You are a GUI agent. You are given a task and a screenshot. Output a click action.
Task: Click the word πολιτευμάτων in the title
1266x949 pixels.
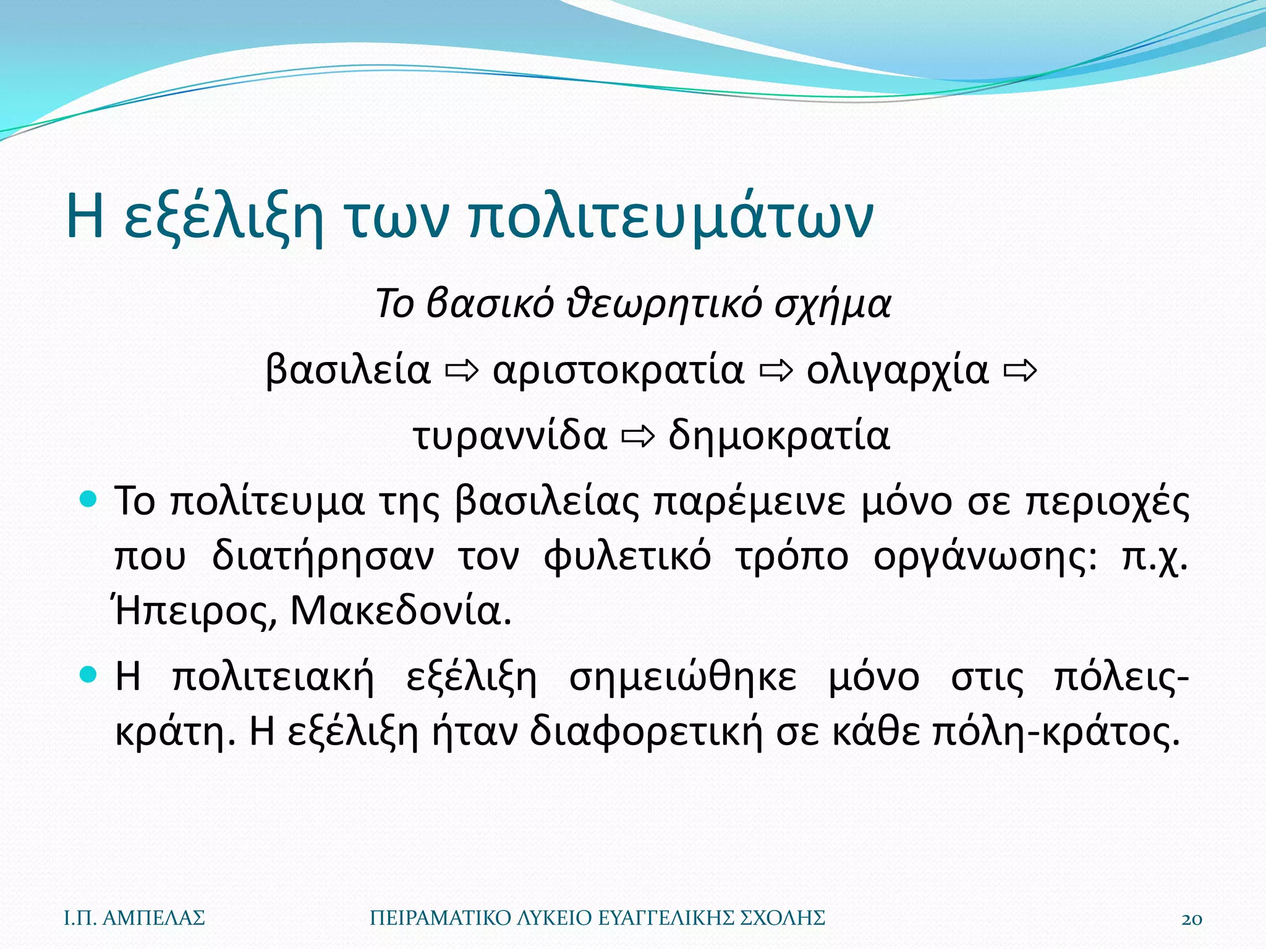[x=670, y=216]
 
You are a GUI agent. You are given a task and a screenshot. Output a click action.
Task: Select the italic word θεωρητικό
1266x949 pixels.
[x=665, y=304]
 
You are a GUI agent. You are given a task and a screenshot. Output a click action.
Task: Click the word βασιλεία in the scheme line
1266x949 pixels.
[x=348, y=370]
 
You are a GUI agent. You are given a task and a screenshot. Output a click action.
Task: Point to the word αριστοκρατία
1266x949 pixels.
[x=618, y=370]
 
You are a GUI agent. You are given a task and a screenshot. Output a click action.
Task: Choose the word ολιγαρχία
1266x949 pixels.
[x=898, y=370]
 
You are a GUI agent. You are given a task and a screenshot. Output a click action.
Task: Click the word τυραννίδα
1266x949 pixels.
[x=511, y=436]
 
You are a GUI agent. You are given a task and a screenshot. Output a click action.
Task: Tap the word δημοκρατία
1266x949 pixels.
[x=779, y=436]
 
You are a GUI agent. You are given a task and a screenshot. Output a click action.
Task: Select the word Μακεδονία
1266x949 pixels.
[x=401, y=612]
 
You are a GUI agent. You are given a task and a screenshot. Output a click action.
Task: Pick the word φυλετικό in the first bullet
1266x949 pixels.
[x=627, y=557]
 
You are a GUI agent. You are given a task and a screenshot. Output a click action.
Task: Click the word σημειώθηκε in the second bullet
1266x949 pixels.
[x=683, y=677]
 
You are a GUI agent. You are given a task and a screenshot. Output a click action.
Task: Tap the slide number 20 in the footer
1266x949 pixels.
[x=1192, y=919]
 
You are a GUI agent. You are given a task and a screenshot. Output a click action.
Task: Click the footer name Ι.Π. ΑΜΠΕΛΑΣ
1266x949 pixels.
[x=135, y=918]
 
